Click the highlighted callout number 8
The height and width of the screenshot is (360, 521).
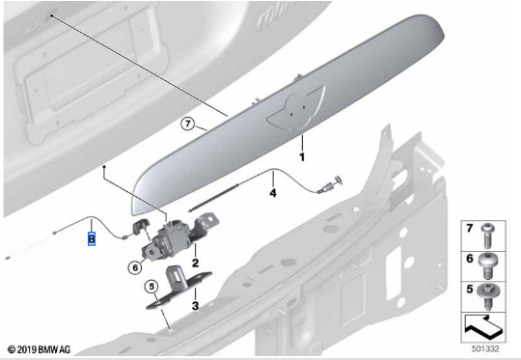point(92,238)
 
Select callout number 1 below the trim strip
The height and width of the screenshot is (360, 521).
point(302,157)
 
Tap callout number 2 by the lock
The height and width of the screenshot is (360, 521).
point(195,263)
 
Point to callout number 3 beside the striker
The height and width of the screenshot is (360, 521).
point(195,306)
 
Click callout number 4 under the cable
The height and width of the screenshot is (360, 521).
point(273,192)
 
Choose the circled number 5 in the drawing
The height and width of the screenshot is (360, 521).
point(151,287)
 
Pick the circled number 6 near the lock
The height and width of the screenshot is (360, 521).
point(135,267)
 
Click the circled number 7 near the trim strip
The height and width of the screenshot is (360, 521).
point(188,124)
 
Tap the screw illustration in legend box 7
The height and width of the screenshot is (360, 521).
point(487,235)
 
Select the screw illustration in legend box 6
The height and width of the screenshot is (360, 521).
point(487,266)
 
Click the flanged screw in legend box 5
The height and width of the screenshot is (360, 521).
point(487,296)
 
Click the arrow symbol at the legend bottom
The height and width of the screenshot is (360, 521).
point(483,326)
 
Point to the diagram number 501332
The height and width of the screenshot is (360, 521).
point(485,348)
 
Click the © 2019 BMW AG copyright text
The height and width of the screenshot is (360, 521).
point(39,349)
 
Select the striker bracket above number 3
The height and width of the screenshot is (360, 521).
point(178,286)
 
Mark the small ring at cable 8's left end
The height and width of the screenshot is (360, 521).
point(54,233)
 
